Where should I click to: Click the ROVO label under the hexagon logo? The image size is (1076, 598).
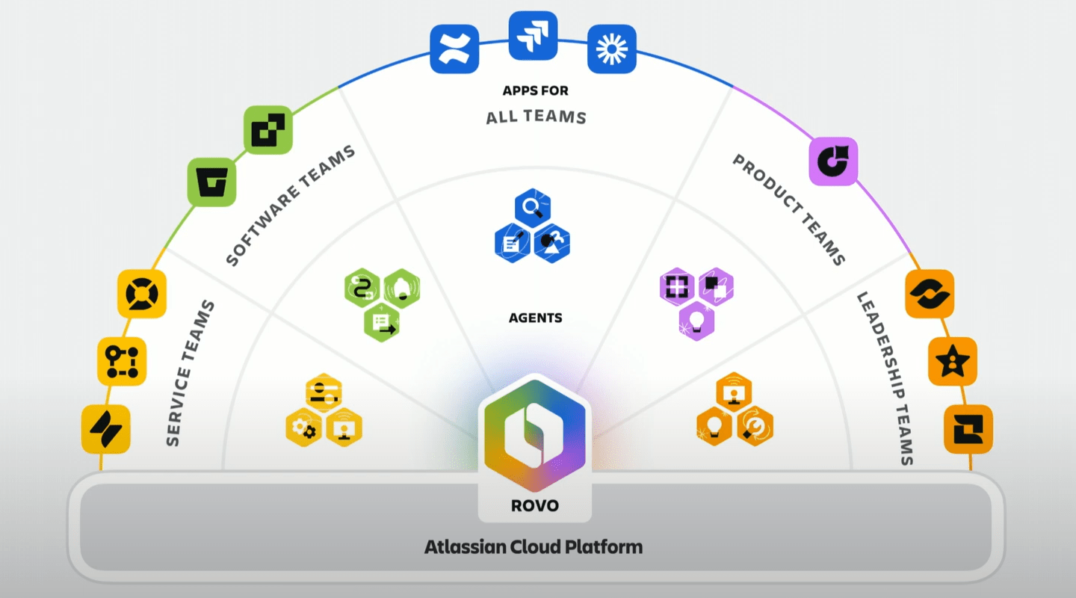tap(534, 505)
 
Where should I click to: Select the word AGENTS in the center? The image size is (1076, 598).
tap(535, 318)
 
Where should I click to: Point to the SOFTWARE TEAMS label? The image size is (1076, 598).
tap(290, 206)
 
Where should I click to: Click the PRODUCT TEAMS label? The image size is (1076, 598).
tap(789, 209)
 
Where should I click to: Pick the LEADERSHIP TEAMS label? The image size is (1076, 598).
tap(885, 378)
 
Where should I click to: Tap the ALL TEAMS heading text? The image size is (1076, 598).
tap(536, 117)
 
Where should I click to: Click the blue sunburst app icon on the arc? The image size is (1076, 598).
tap(611, 49)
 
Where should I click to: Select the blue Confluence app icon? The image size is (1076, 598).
tap(454, 49)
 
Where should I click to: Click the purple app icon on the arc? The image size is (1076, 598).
tap(833, 161)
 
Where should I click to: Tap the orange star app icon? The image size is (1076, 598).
tap(953, 362)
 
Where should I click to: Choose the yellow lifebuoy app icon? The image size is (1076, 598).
tap(142, 294)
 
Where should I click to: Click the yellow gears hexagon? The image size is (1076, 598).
tap(304, 428)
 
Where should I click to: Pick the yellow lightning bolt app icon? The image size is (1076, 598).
tap(106, 429)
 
